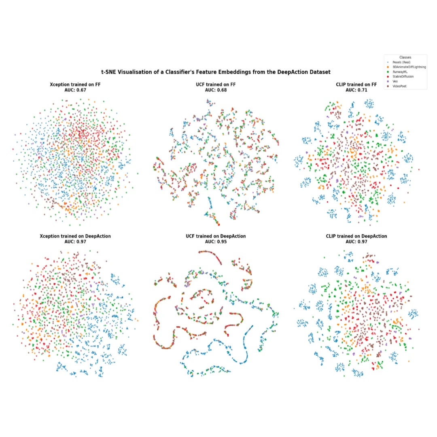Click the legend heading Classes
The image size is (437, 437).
tap(405, 57)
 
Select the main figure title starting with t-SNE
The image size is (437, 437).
tap(216, 72)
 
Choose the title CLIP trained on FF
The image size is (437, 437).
tap(356, 85)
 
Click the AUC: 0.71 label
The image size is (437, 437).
tap(356, 90)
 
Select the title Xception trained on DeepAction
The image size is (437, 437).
tap(75, 236)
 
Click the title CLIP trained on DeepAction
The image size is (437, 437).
tap(356, 236)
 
